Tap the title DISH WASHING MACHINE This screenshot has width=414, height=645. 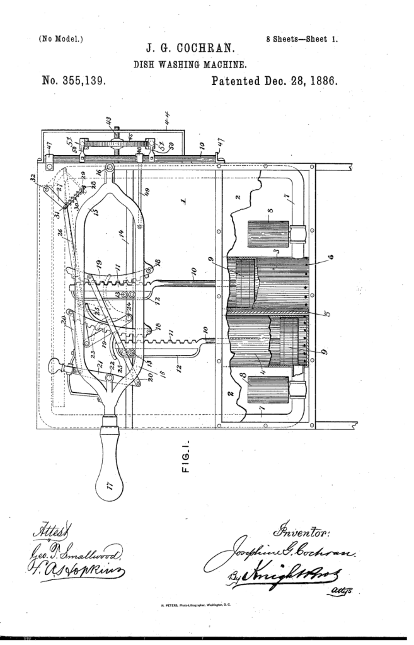pos(190,64)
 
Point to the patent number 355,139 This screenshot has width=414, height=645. pos(73,81)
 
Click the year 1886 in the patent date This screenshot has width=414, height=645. pos(321,81)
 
